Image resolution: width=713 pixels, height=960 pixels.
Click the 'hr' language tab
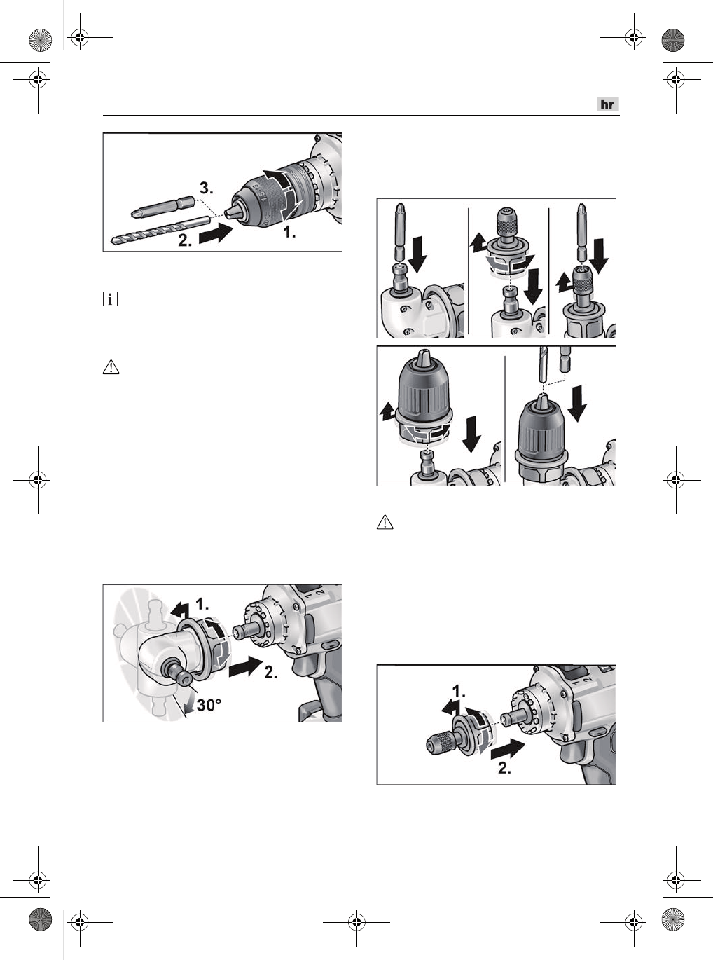[608, 104]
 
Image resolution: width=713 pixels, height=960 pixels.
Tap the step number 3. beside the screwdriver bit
[206, 188]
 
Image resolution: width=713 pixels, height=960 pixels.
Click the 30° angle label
[209, 705]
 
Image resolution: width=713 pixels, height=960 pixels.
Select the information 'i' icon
[111, 299]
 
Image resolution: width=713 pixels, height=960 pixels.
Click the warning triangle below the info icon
[111, 367]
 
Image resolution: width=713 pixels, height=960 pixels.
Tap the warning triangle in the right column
[385, 523]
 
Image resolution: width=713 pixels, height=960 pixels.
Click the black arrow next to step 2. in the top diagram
[216, 234]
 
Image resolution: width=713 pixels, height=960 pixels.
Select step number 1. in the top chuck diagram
[289, 233]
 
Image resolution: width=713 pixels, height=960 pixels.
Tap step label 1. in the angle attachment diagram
[202, 604]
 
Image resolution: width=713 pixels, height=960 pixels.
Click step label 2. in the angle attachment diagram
[271, 672]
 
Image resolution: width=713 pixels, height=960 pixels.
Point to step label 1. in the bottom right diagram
[459, 691]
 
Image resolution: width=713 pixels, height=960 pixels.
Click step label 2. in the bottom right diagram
[505, 768]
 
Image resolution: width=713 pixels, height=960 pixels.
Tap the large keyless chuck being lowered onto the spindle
[424, 402]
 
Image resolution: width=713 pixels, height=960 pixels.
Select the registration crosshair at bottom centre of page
[356, 922]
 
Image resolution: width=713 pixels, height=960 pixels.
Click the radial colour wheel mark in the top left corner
[40, 39]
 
